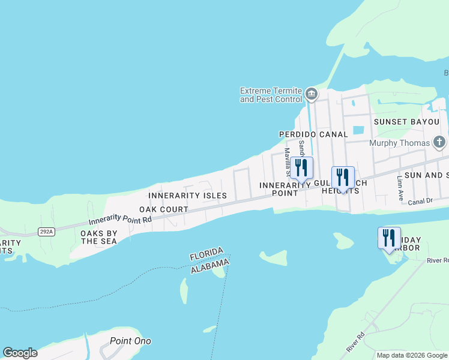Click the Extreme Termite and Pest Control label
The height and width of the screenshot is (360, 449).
pyautogui.click(x=271, y=95)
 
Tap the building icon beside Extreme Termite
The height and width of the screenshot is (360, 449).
pyautogui.click(x=311, y=94)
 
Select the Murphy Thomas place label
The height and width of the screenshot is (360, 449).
pyautogui.click(x=400, y=143)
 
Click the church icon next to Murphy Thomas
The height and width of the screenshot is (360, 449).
pyautogui.click(x=439, y=143)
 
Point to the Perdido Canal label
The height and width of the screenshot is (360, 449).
pyautogui.click(x=313, y=134)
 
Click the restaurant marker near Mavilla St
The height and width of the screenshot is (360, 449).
pyautogui.click(x=301, y=167)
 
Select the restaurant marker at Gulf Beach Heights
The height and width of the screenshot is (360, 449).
pyautogui.click(x=343, y=178)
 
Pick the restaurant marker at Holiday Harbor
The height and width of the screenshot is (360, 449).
pyautogui.click(x=389, y=238)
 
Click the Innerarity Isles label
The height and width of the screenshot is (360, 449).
pyautogui.click(x=187, y=196)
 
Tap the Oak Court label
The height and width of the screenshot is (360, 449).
pyautogui.click(x=164, y=209)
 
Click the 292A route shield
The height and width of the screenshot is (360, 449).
pyautogui.click(x=46, y=230)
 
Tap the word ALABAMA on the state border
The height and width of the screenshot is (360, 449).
pyautogui.click(x=209, y=266)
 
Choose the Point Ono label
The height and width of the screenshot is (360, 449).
pyautogui.click(x=130, y=341)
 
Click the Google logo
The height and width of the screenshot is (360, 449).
pyautogui.click(x=20, y=353)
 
